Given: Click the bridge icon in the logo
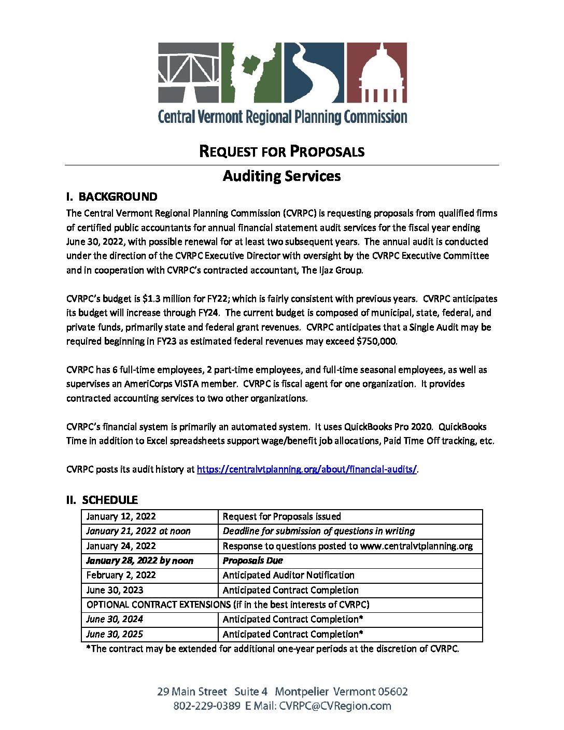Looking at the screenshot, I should point(189,72).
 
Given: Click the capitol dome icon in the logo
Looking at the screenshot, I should point(376,72).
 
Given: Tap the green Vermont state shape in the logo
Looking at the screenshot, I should point(251,72).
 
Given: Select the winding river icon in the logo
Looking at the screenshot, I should point(313,72).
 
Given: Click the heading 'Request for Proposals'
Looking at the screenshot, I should point(281,151).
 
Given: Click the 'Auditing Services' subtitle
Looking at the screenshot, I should point(281,176).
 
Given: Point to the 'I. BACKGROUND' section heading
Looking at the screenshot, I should point(111,197).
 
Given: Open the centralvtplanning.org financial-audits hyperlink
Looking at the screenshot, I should point(306,469).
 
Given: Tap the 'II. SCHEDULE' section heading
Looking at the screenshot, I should point(102,500).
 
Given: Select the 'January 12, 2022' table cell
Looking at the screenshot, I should point(121,516).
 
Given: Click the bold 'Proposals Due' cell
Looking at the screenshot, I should point(253,560).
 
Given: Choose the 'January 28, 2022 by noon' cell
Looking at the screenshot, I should point(139,560).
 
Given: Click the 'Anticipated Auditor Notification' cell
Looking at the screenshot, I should point(288,575).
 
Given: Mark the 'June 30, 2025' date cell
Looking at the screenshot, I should point(114,634).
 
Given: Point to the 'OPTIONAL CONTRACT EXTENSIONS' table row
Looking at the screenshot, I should point(228,605).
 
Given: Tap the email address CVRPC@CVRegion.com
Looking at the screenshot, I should point(335,706).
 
